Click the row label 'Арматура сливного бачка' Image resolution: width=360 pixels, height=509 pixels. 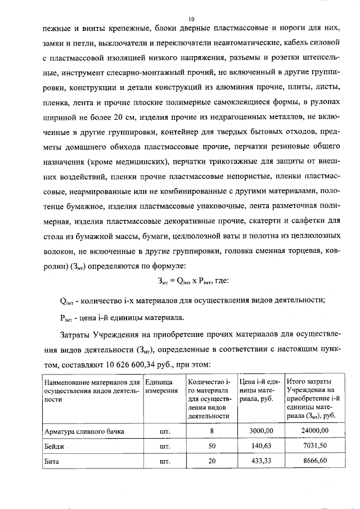pos(84,431)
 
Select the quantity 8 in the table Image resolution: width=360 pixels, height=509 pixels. pos(211,431)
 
